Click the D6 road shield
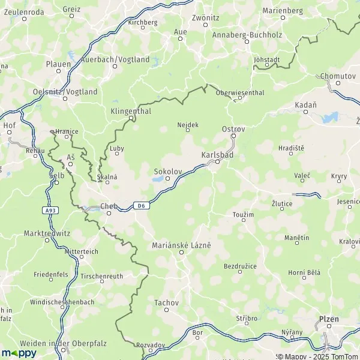point(140,205)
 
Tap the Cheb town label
point(108,206)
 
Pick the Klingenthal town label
point(131,112)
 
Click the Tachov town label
point(166,302)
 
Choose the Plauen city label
point(58,63)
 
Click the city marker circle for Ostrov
point(233,136)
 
